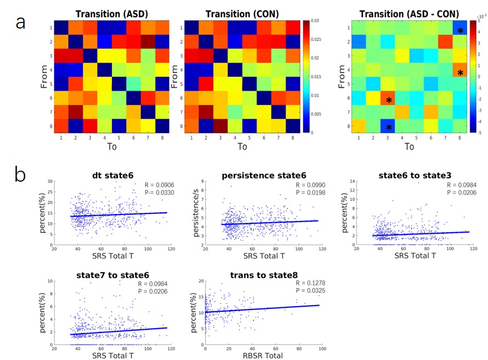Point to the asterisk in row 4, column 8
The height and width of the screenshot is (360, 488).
coord(460,73)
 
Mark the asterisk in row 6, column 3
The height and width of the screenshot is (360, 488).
coord(389,100)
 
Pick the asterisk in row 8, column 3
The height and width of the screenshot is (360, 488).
coord(389,128)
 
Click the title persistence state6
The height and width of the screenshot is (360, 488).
coord(259,175)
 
